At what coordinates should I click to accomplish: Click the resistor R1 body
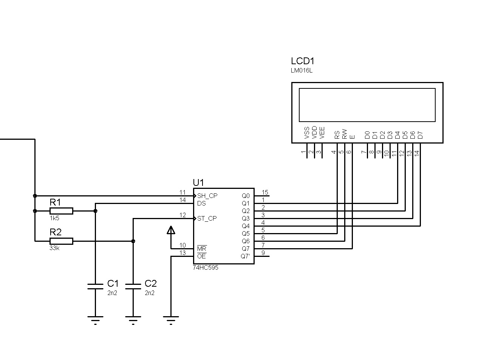pyautogui.click(x=61, y=211)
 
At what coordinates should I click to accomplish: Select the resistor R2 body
pyautogui.click(x=61, y=241)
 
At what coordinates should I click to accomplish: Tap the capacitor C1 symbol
pyautogui.click(x=95, y=286)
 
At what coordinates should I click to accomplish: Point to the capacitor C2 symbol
pyautogui.click(x=133, y=286)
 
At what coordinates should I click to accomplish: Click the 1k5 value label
pyautogui.click(x=54, y=218)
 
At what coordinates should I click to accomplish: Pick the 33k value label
pyautogui.click(x=54, y=248)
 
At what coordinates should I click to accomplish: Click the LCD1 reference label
pyautogui.click(x=303, y=61)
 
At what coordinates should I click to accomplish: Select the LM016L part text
pyautogui.click(x=302, y=71)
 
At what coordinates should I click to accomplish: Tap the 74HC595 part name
pyautogui.click(x=205, y=267)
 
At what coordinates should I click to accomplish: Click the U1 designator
pyautogui.click(x=198, y=183)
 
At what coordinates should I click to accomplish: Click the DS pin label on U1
pyautogui.click(x=201, y=203)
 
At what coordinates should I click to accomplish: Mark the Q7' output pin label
pyautogui.click(x=245, y=256)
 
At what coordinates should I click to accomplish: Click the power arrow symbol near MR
pyautogui.click(x=171, y=230)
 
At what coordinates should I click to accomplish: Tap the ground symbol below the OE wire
pyautogui.click(x=171, y=320)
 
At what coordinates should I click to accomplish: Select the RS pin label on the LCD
pyautogui.click(x=337, y=135)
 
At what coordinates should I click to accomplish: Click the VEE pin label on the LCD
pyautogui.click(x=322, y=133)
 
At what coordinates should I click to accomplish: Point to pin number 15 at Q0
pyautogui.click(x=265, y=193)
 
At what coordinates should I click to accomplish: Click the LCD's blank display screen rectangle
pyautogui.click(x=367, y=105)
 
